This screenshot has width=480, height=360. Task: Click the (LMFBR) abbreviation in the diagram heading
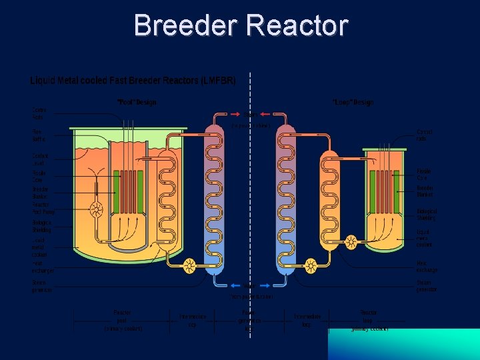(218, 81)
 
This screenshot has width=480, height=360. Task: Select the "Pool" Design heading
(137, 103)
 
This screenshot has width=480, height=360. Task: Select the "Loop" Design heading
(353, 103)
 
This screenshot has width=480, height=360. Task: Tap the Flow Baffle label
(39, 135)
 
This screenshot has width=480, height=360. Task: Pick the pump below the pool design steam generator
(189, 266)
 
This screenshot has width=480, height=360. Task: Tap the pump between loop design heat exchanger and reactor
(351, 242)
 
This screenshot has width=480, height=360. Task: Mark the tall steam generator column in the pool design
(215, 200)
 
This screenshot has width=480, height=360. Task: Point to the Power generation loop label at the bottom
(248, 320)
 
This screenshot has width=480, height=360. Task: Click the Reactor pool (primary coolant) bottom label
(123, 320)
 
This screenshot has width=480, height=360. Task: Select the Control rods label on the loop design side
(424, 135)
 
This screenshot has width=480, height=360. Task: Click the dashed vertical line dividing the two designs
(250, 200)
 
